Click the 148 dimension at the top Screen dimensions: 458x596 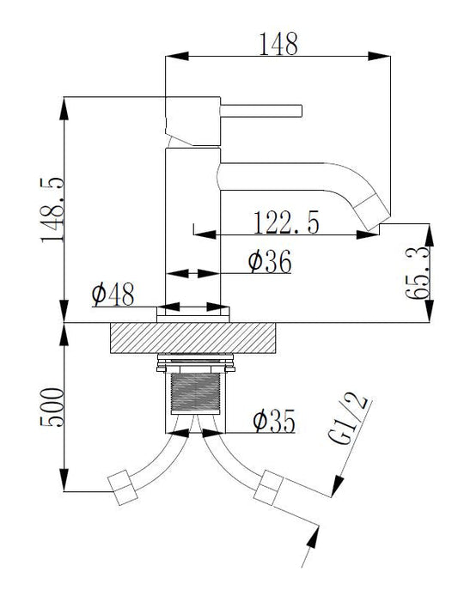[278, 44]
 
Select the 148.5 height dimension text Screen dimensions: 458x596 [52, 210]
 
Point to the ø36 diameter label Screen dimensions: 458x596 [270, 261]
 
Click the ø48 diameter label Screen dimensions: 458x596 [113, 295]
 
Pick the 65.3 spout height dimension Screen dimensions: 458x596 [418, 273]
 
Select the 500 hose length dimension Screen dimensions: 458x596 [52, 407]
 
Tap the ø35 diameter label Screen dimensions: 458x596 [274, 421]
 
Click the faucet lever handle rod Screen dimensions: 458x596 [261, 111]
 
